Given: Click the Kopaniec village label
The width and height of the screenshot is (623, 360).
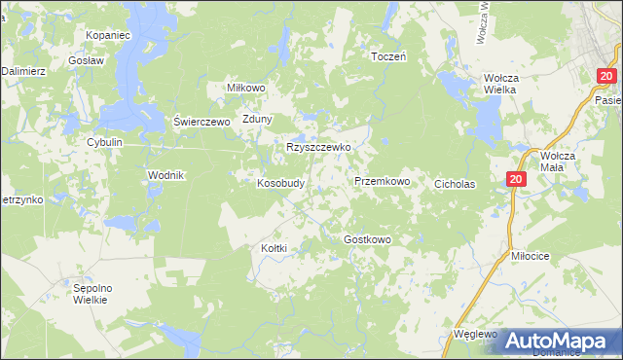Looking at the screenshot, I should pyautogui.click(x=108, y=35).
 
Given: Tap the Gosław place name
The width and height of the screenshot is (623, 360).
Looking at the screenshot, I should pyautogui.click(x=85, y=59).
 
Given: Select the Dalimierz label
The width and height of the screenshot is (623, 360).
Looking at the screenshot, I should pyautogui.click(x=22, y=71).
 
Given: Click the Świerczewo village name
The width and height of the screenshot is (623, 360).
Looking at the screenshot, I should pyautogui.click(x=200, y=121).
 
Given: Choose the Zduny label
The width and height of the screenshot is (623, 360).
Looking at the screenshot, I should pyautogui.click(x=258, y=120).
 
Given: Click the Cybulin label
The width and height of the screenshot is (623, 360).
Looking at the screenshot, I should pyautogui.click(x=105, y=142).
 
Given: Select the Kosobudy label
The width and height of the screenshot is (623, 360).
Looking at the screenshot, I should pyautogui.click(x=281, y=182).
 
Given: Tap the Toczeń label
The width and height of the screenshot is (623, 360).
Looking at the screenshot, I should pyautogui.click(x=388, y=56).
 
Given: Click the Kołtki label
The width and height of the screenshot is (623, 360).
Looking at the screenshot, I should pyautogui.click(x=275, y=248).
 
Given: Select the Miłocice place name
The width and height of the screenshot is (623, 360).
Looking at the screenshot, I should pyautogui.click(x=531, y=255).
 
